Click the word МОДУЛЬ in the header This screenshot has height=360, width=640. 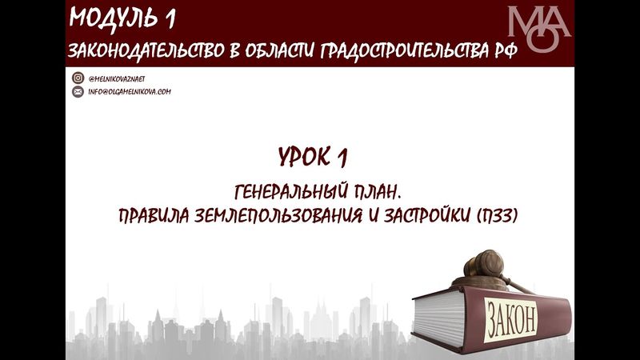pyautogui.click(x=112, y=17)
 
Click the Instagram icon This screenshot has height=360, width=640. pyautogui.click(x=78, y=78)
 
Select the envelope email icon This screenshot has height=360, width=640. pyautogui.click(x=78, y=92)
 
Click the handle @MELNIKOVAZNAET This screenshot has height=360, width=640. pyautogui.click(x=117, y=78)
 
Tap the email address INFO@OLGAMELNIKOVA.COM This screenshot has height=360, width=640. pyautogui.click(x=130, y=92)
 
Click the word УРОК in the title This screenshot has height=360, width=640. pyautogui.click(x=305, y=156)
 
